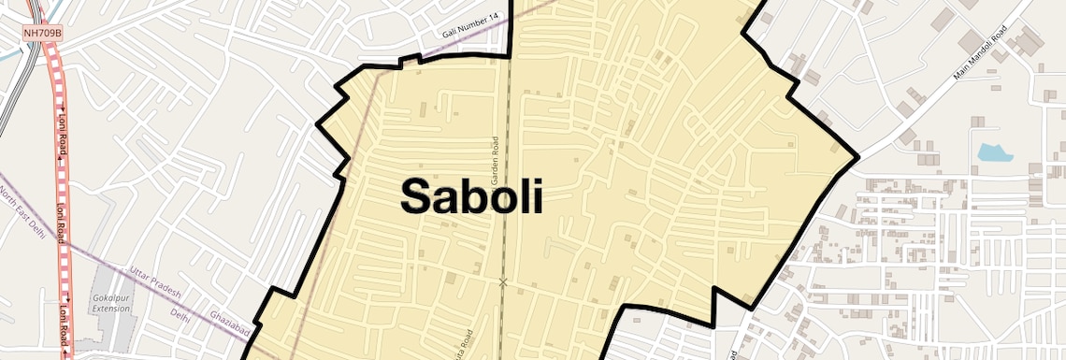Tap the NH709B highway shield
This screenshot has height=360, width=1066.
(42, 33)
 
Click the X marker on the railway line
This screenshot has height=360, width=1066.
(503, 281)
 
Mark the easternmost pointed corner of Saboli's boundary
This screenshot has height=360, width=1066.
(857, 156)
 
